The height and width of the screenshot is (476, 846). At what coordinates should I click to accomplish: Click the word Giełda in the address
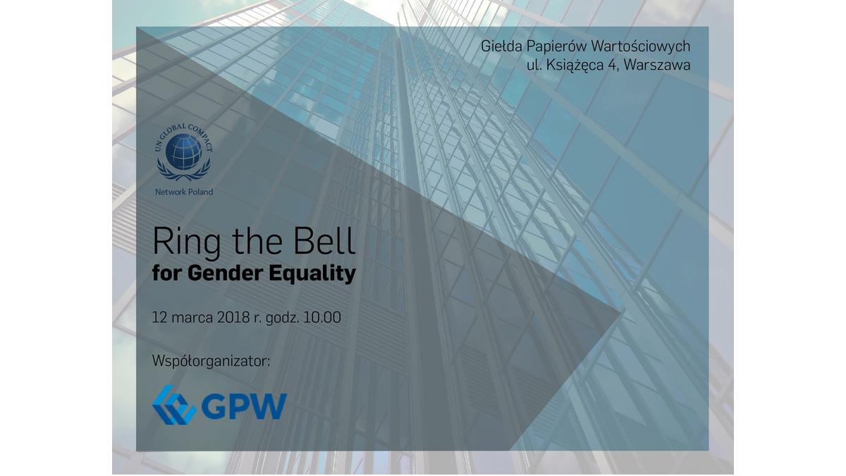501,47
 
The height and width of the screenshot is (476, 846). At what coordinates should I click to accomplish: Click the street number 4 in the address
613,66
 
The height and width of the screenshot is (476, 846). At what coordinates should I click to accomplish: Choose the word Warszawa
657,66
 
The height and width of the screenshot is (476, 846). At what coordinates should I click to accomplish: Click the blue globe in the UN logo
183,152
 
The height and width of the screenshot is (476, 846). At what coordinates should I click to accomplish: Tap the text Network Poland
184,192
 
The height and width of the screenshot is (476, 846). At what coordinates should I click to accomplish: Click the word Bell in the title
324,240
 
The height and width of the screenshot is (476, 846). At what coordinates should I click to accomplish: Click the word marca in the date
192,317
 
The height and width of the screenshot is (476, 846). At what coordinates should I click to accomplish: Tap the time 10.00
322,317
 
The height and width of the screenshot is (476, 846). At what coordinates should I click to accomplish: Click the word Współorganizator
211,361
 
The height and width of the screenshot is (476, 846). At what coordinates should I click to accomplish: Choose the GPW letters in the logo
244,406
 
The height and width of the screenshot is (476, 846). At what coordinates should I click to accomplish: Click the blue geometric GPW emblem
174,405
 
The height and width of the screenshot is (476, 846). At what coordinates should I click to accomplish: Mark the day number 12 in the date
159,317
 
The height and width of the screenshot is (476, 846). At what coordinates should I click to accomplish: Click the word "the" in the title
257,240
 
